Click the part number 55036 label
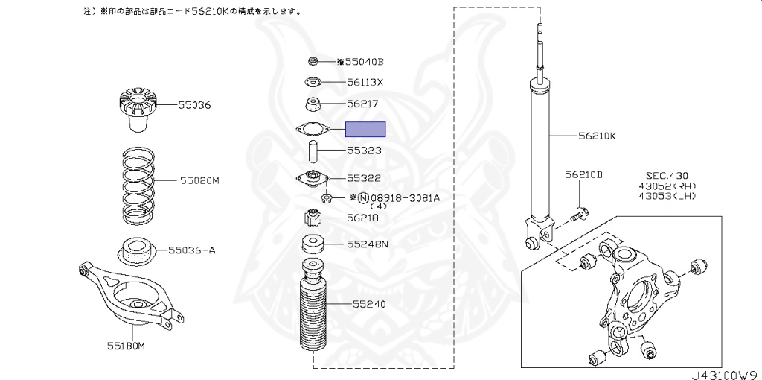coord(194,104)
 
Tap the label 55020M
coord(199,181)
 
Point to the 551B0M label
coord(126,346)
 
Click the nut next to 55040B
coord(313,61)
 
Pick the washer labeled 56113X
coord(313,82)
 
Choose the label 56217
coord(362,104)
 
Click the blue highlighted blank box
coord(365,130)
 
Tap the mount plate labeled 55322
coord(313,179)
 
